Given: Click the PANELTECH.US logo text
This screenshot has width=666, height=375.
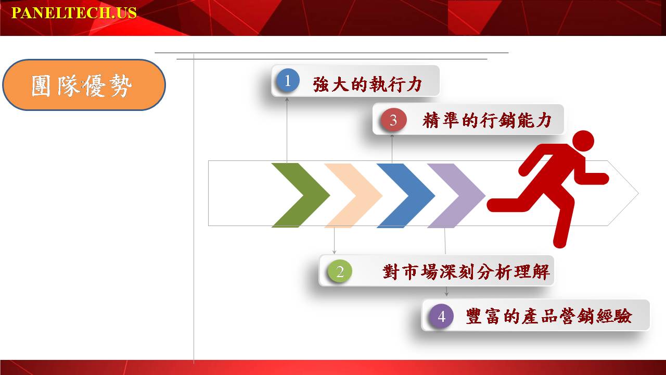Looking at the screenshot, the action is pyautogui.click(x=74, y=13).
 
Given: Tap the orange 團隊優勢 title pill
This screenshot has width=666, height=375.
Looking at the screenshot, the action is pyautogui.click(x=84, y=85).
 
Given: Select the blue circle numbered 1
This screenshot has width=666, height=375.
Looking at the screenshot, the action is pyautogui.click(x=287, y=80).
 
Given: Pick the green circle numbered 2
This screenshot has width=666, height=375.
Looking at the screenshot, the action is pyautogui.click(x=340, y=271).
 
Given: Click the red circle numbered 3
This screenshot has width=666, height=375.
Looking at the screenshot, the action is pyautogui.click(x=393, y=120).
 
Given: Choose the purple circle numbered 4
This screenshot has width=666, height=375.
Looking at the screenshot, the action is pyautogui.click(x=442, y=316).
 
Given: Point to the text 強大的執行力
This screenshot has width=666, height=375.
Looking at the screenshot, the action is pyautogui.click(x=367, y=84).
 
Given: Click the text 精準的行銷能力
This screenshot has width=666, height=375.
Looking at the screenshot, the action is pyautogui.click(x=487, y=120).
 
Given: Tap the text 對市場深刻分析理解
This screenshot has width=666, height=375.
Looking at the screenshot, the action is pyautogui.click(x=466, y=272).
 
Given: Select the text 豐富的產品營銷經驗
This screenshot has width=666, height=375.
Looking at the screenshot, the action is pyautogui.click(x=549, y=316).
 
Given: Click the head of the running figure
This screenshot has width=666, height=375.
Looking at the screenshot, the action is pyautogui.click(x=583, y=141).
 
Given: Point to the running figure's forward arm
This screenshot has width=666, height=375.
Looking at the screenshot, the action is pyautogui.click(x=592, y=177).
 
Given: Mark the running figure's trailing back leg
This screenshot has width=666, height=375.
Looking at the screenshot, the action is pyautogui.click(x=517, y=203).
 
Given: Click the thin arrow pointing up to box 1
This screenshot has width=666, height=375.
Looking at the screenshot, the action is pyautogui.click(x=287, y=130).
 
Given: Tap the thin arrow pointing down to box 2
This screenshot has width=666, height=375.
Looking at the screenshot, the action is pyautogui.click(x=334, y=241).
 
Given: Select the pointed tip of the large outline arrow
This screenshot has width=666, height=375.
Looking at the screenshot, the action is pyautogui.click(x=638, y=193).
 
